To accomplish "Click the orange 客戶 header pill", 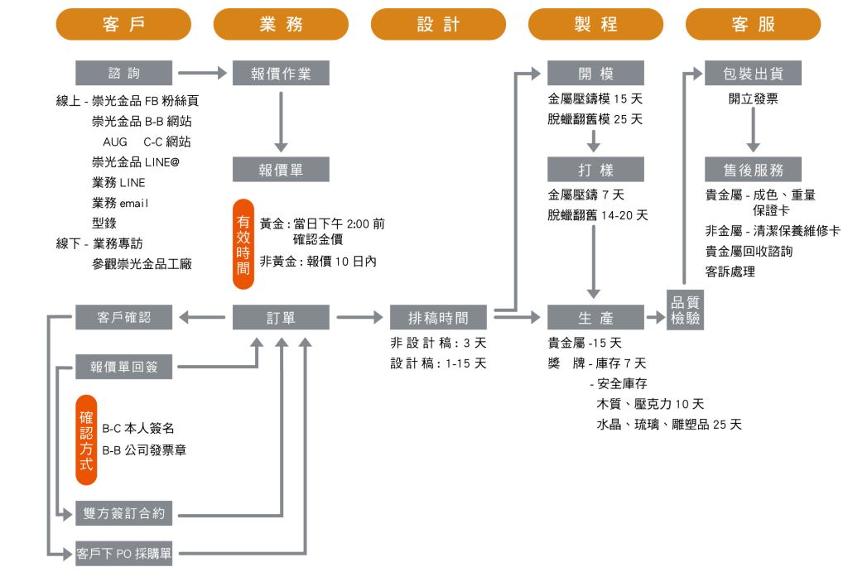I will point(123,24).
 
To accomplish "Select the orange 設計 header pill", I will point(438,24).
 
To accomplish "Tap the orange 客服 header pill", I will point(753,24).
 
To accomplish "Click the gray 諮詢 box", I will point(123,73).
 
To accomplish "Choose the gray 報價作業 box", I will point(281,73).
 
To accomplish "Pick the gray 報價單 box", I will point(281,170).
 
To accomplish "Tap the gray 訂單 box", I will point(281,317).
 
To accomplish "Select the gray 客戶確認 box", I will point(123,317).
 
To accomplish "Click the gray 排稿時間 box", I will point(438,317).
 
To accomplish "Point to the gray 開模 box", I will point(595,73).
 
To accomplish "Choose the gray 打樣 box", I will point(595,170).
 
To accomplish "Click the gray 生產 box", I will point(595,317).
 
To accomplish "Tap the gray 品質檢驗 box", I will point(685,310).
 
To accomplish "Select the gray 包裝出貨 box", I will point(753,73).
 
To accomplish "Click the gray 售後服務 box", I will point(753,170).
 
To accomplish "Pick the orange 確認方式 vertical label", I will point(86,439).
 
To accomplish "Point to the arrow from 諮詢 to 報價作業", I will point(201,73).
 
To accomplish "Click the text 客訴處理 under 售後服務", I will point(730,271).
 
